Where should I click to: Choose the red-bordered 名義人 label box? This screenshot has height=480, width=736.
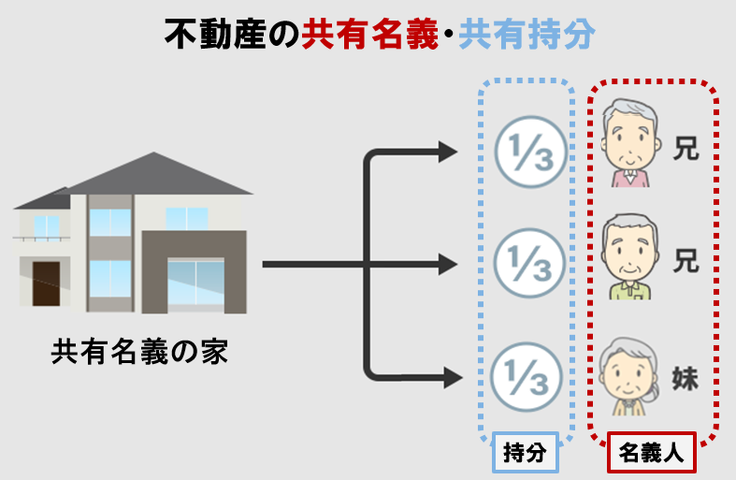click(652, 454)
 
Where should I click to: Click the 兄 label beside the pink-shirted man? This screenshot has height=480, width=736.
click(686, 147)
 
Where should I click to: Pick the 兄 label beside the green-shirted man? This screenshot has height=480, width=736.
click(686, 261)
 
